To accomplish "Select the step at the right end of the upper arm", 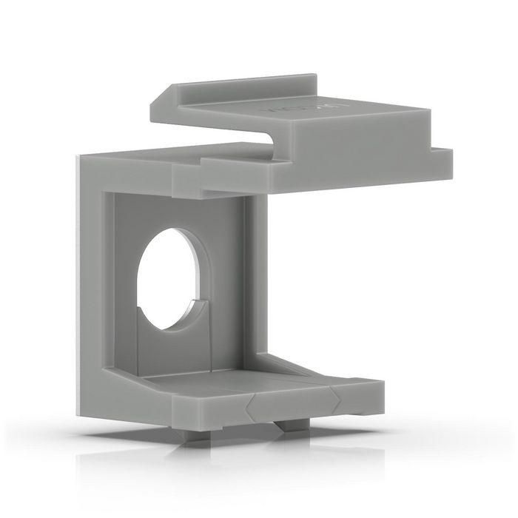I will pos(443,157).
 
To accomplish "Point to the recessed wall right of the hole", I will pos(226,281).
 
